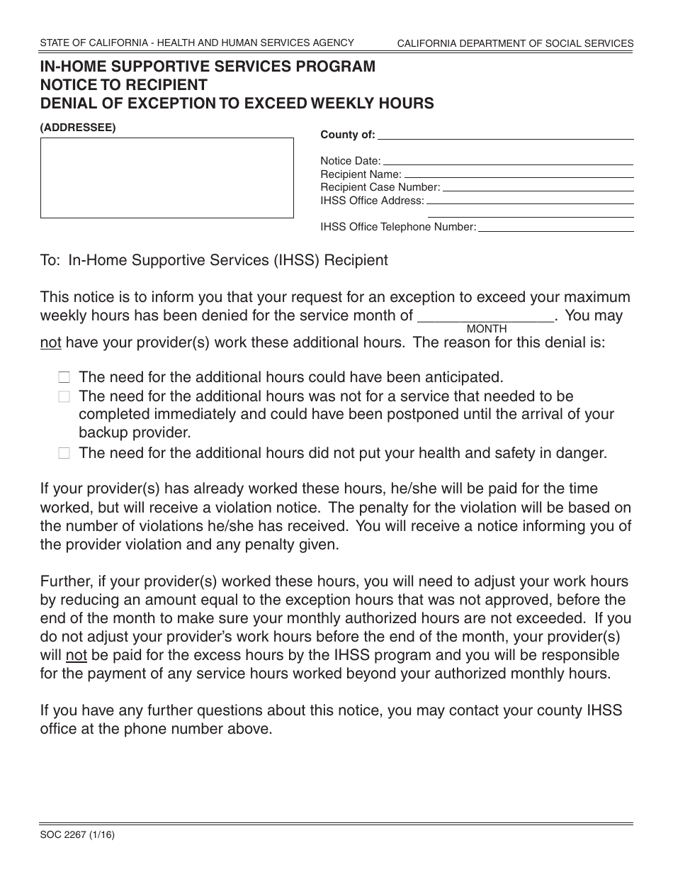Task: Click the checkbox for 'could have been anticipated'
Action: (x=64, y=378)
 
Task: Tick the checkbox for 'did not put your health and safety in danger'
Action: (x=64, y=454)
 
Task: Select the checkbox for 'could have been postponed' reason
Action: (x=64, y=397)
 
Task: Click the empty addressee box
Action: (x=166, y=177)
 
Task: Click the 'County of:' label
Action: (x=348, y=135)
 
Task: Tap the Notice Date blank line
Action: (x=507, y=162)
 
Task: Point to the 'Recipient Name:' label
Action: (x=361, y=174)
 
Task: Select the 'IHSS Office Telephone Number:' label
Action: (x=398, y=228)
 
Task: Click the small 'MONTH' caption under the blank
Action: (x=487, y=329)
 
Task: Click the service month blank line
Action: (x=487, y=316)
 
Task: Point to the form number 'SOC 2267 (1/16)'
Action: (x=77, y=835)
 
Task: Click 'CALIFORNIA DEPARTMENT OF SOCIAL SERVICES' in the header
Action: (x=515, y=44)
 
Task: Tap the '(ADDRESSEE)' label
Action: (x=78, y=128)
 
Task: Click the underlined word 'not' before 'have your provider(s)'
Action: (x=51, y=343)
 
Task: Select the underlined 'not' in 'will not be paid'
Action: (x=77, y=654)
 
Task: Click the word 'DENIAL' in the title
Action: (x=70, y=104)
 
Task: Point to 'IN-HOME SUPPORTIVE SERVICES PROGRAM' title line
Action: (x=208, y=67)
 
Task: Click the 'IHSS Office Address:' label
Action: (x=372, y=201)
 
